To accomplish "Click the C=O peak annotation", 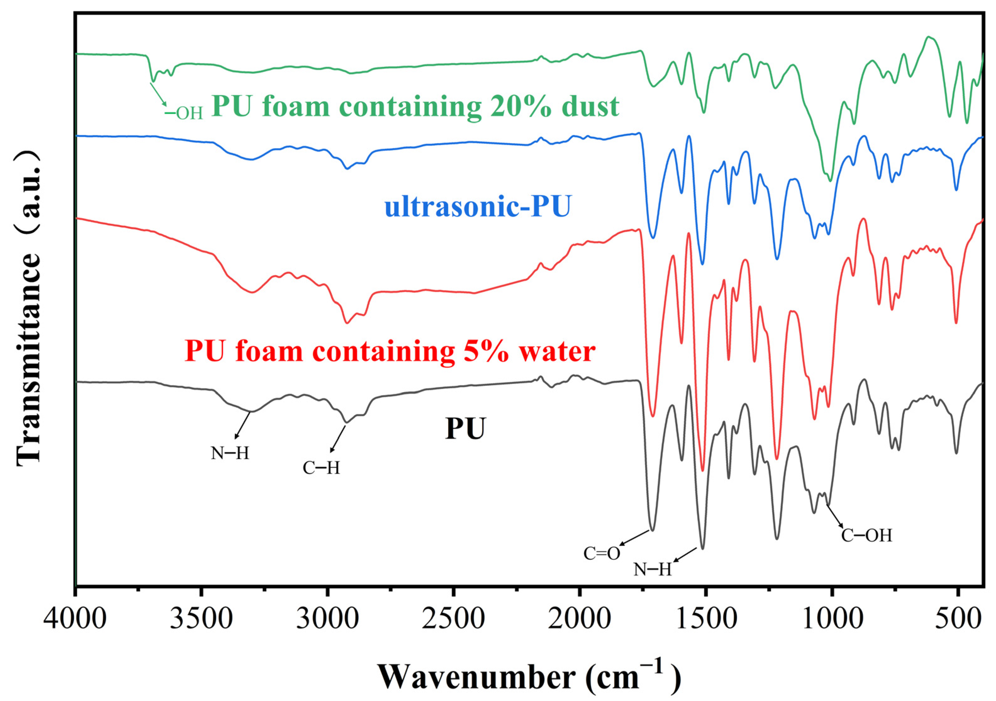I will (602, 553).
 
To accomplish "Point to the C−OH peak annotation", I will (867, 535).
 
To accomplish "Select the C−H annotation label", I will (321, 468).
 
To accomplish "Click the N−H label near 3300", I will (230, 453).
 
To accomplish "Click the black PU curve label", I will (465, 429).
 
